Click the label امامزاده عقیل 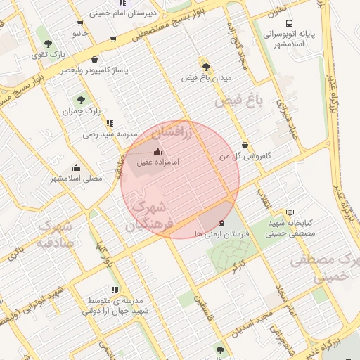(x=158, y=162)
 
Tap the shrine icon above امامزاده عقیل (x=157, y=152)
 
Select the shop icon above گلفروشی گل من (x=245, y=145)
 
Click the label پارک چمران (x=82, y=111)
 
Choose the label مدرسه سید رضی (x=108, y=134)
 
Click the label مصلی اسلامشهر (x=76, y=179)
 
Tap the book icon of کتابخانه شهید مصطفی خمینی (x=290, y=213)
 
